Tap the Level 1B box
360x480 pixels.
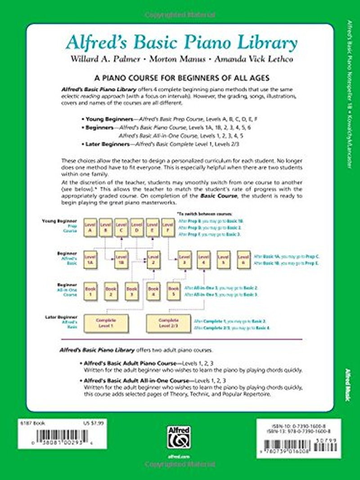point(120,260)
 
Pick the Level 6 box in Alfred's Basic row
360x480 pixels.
point(243,260)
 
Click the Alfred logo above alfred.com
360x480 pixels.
point(179,436)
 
